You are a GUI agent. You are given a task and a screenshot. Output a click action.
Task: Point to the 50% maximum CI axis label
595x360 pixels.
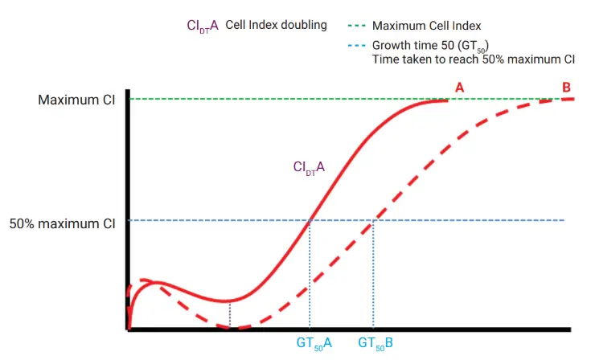coord(63,224)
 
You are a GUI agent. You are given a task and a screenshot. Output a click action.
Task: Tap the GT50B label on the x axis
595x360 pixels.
coord(375,344)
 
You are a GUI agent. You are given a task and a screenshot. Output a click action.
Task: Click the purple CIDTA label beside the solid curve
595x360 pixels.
coord(309,168)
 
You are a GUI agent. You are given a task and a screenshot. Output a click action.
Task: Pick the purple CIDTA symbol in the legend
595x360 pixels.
coord(203,26)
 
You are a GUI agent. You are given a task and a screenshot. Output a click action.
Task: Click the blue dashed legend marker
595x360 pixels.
coord(356,45)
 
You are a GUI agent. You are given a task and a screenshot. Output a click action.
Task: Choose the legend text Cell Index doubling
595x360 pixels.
coord(276,25)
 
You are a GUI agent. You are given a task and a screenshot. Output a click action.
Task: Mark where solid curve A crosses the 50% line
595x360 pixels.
coord(310,220)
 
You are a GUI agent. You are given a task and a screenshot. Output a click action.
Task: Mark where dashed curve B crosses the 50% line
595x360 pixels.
coord(373,220)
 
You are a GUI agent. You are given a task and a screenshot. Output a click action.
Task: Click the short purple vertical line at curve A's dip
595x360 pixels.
coord(230,314)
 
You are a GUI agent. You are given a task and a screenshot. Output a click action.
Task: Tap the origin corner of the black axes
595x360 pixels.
coord(129,328)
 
